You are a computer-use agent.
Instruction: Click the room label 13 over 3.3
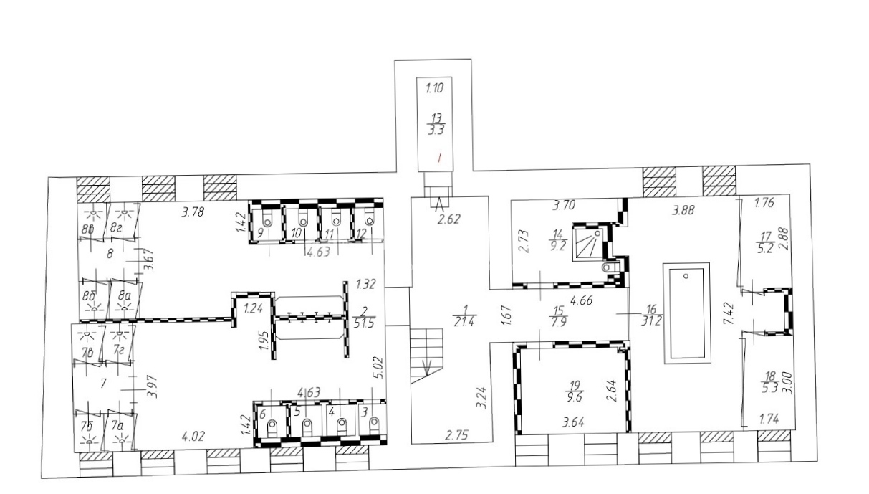tap(436, 124)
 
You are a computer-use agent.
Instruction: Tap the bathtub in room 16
tap(687, 313)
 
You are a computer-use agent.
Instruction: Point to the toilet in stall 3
tap(375, 425)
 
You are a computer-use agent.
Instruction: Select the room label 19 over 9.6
tap(574, 391)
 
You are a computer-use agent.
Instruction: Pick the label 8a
tap(124, 295)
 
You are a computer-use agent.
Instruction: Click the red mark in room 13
tap(440, 158)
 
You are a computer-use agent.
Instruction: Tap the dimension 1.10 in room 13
tap(434, 88)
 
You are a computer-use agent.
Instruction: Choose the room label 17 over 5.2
tap(765, 242)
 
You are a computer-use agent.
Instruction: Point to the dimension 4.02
tap(193, 437)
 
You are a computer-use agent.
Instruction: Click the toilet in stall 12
tap(370, 220)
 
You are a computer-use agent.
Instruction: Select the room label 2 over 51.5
tap(364, 318)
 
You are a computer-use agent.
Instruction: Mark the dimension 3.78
tap(193, 212)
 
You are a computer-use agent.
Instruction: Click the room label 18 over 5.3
tap(770, 382)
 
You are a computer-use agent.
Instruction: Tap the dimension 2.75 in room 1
tap(456, 435)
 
